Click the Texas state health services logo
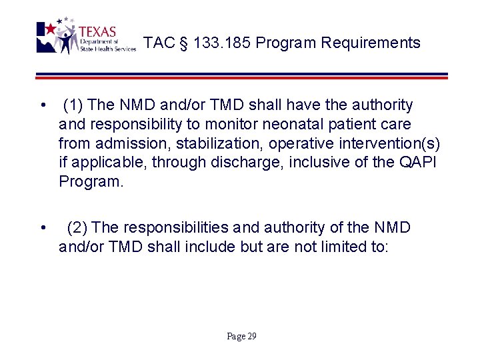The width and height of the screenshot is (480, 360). tap(85, 37)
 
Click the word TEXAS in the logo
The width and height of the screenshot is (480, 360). tap(97, 32)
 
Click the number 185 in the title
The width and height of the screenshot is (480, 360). tap(237, 43)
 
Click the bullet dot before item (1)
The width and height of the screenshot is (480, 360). tap(43, 105)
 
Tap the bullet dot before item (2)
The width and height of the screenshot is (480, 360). tap(43, 228)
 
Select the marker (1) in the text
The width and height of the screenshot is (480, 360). tap(73, 105)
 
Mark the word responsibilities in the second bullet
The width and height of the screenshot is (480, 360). tap(179, 227)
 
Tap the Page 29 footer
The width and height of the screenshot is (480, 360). tap(241, 336)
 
